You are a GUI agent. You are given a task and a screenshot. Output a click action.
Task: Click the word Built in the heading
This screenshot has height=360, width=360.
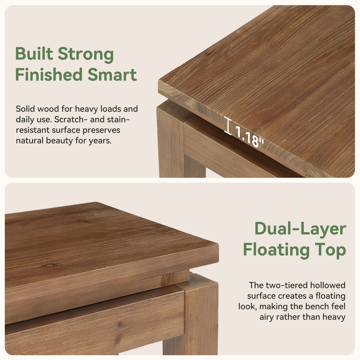coord(34,54)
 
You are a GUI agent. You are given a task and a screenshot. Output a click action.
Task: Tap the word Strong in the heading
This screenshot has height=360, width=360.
coord(86,55)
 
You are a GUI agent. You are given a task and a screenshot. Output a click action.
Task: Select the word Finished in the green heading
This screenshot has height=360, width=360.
coord(49,74)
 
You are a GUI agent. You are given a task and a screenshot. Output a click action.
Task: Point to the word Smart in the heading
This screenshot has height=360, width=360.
coord(112,75)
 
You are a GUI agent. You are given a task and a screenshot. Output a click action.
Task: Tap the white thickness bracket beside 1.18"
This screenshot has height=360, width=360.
coord(228,126)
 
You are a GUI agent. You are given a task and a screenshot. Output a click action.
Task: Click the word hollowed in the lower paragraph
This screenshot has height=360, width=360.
coord(328,285)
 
